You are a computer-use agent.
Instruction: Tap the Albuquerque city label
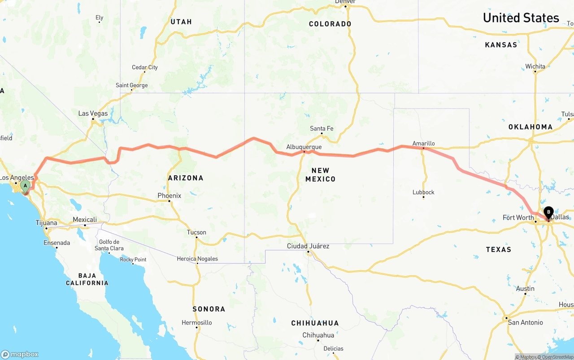coord(304,147)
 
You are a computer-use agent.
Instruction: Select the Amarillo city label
coord(424,143)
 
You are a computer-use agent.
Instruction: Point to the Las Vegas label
coord(93,113)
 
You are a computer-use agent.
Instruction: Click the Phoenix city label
coord(169,195)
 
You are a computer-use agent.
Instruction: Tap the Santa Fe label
coord(322,129)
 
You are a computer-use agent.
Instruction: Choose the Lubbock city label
coord(423,192)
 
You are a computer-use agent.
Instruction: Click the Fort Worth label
coord(518,217)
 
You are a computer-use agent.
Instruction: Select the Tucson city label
coord(196,232)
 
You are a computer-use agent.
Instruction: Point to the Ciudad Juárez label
coord(308,246)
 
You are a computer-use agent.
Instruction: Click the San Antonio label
coord(525,322)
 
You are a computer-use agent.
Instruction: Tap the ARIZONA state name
coord(186,178)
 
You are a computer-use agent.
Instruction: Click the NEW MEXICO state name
coord(320,174)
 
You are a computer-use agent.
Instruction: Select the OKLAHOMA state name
coord(530,127)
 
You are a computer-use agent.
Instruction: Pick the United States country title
coord(521,18)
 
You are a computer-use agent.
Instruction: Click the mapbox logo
coord(20,354)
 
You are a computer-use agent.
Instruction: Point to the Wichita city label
coord(535,66)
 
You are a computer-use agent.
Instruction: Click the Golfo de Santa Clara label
coord(110,245)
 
